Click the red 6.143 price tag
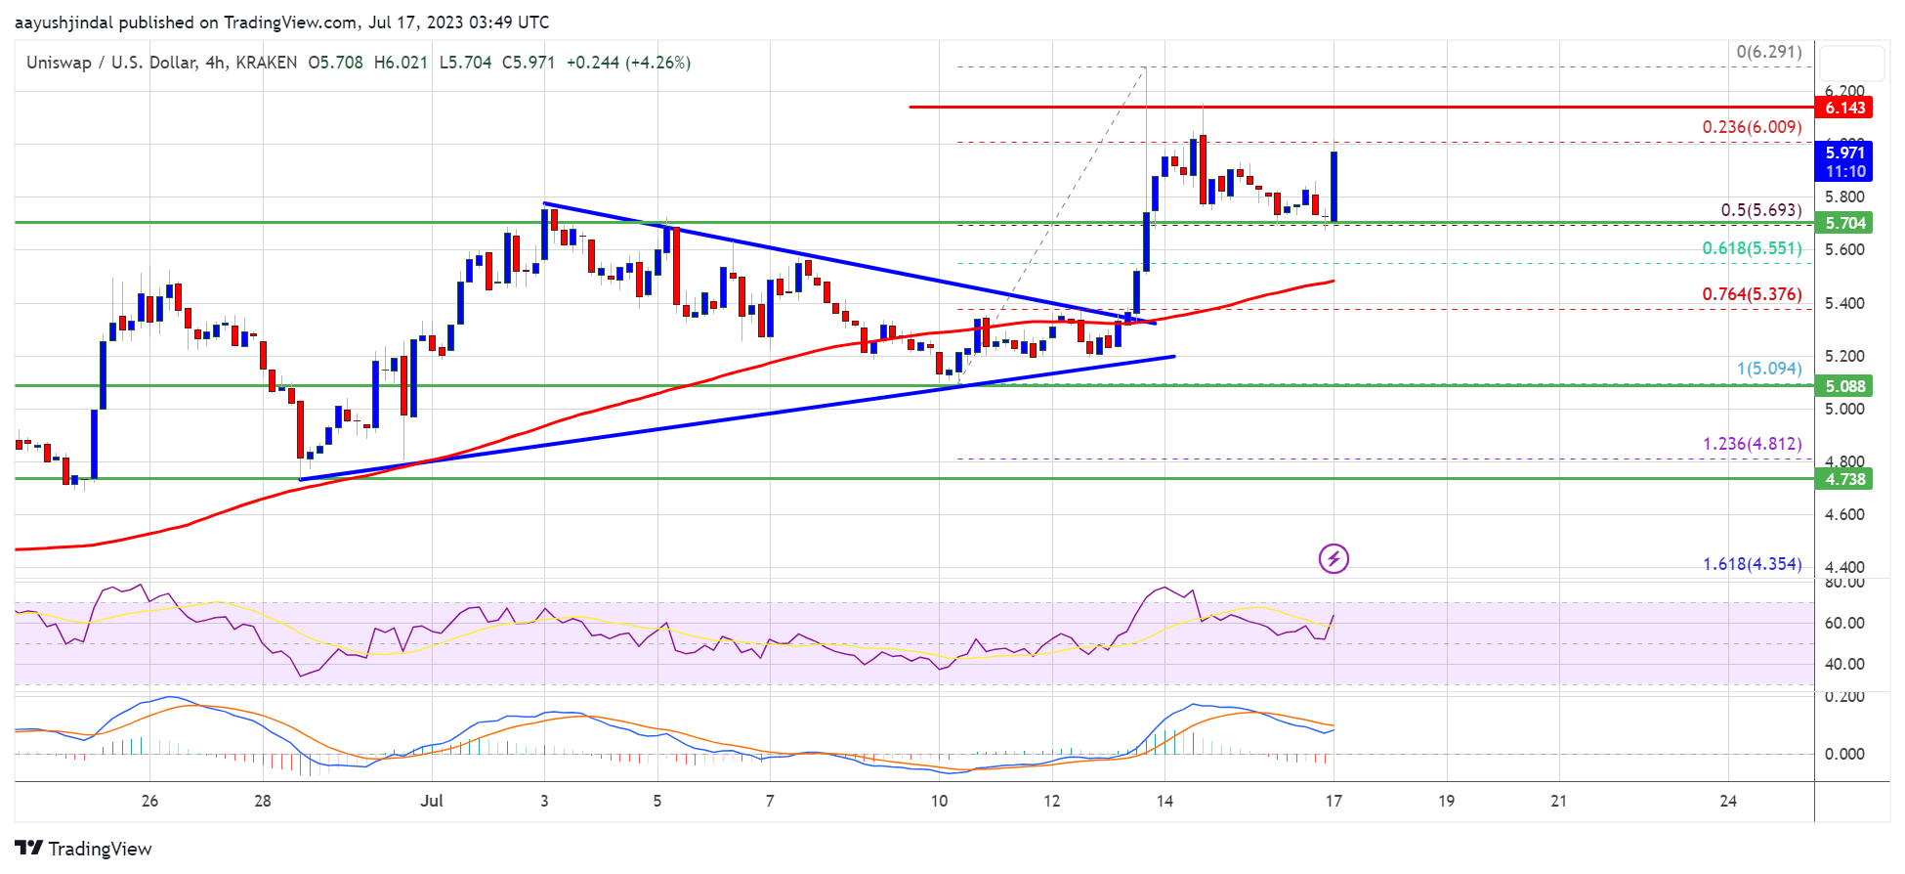1843,108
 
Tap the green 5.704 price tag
1843,223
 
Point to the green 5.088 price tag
1843,386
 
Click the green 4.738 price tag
1843,479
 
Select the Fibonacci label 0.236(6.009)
1752,127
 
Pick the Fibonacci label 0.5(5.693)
1760,210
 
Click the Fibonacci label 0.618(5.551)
1752,248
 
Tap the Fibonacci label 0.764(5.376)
1752,294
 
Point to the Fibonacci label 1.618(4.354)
1752,564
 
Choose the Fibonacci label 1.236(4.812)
1752,444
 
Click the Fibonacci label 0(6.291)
1768,52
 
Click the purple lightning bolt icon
1333,558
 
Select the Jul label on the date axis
431,801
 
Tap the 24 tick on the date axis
1728,801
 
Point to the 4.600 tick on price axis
1843,514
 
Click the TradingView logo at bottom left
84,848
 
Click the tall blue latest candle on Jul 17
1333,186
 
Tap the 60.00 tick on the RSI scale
1843,623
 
